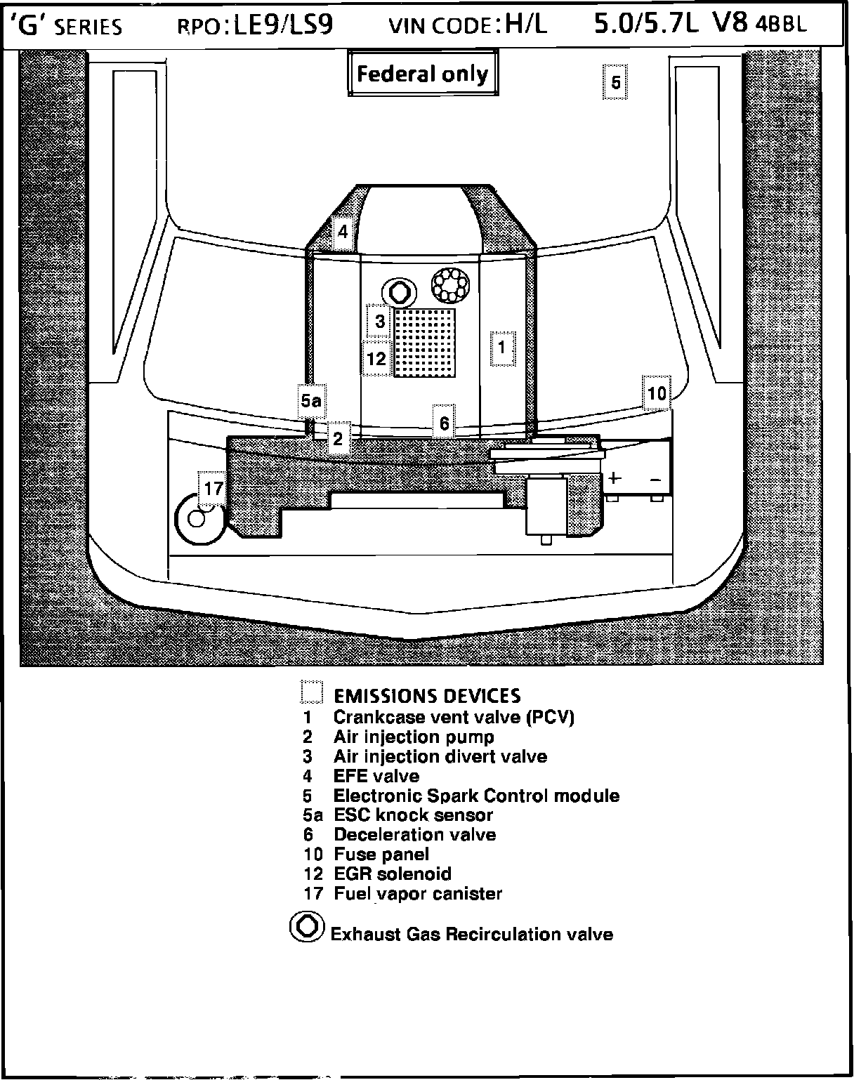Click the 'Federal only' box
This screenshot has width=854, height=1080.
(423, 74)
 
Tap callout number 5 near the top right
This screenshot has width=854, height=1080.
(615, 83)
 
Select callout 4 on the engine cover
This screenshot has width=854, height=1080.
(342, 231)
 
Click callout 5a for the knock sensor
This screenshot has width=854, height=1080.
(311, 401)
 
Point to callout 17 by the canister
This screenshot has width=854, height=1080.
(213, 488)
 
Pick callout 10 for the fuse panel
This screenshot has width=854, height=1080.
(657, 393)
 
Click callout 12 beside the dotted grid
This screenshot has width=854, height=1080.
(376, 359)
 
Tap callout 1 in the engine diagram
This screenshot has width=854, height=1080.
(501, 347)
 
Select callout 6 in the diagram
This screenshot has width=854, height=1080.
(444, 423)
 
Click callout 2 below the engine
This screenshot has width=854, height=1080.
(338, 440)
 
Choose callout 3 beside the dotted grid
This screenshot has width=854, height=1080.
(380, 322)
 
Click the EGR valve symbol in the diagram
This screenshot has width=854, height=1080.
(398, 291)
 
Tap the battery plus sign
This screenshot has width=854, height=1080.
(615, 478)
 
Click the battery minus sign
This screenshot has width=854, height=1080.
(655, 480)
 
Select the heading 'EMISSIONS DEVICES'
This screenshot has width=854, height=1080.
(427, 696)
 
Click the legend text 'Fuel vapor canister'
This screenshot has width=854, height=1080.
(418, 894)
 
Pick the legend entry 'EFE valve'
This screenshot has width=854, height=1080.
(376, 776)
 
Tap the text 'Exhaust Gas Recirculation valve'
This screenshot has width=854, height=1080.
(471, 935)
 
